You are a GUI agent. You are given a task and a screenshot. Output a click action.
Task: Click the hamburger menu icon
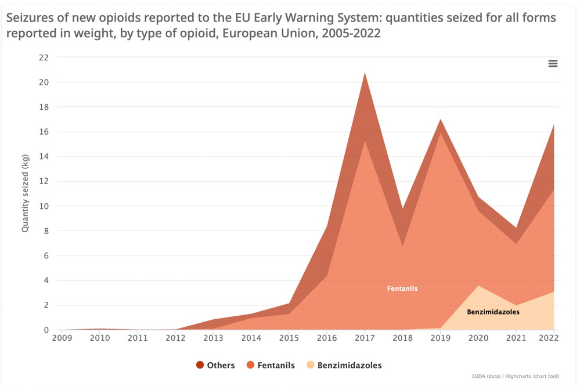click(x=553, y=64)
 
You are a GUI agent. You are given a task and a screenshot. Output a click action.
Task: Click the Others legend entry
click(x=216, y=365)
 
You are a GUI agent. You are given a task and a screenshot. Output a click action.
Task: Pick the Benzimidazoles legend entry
click(x=344, y=365)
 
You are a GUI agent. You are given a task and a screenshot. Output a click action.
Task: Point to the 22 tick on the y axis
click(x=44, y=57)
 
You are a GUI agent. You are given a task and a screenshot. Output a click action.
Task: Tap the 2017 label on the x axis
click(x=364, y=338)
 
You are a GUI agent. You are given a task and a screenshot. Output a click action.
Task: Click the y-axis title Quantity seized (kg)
click(x=26, y=194)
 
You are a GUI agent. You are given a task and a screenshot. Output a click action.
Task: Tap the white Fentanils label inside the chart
click(x=402, y=288)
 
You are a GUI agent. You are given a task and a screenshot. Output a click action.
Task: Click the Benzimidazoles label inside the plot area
click(x=493, y=312)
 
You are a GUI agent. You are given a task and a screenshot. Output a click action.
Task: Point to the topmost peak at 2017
click(x=365, y=73)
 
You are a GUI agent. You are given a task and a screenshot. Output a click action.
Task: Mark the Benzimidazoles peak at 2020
click(x=478, y=285)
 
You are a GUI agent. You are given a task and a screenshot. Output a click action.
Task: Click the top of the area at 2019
click(x=440, y=120)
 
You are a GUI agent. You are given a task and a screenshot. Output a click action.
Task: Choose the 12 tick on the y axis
click(x=44, y=181)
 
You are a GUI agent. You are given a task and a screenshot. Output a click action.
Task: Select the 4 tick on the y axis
click(x=46, y=280)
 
